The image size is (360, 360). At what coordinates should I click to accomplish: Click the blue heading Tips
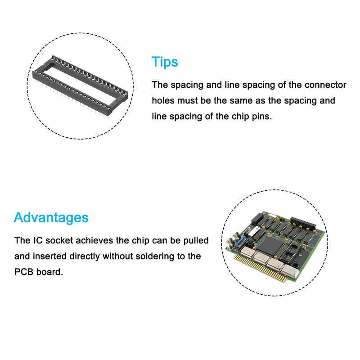[165, 62]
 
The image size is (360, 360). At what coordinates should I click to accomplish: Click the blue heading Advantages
[51, 218]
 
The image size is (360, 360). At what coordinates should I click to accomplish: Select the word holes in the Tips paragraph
[164, 100]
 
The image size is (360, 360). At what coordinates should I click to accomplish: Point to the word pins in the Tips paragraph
[263, 116]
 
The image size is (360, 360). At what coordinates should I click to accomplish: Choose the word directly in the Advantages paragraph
[85, 256]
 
